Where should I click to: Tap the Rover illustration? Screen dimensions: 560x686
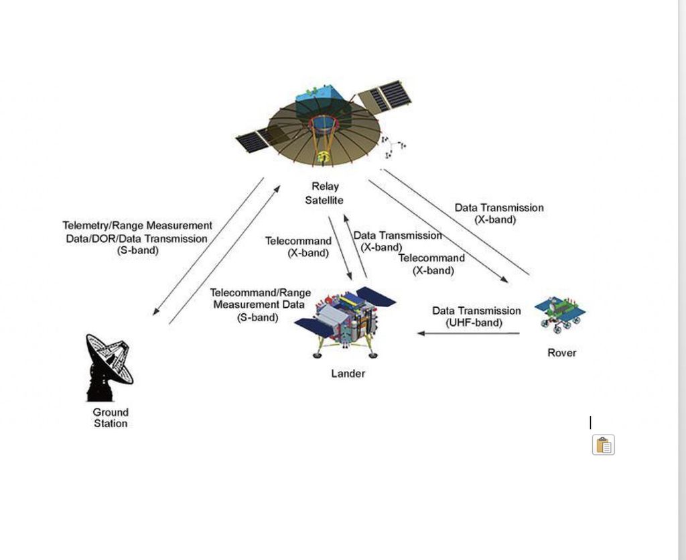(x=560, y=314)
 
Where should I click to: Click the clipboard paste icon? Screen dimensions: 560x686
(x=603, y=445)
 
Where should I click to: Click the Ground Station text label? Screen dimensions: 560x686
(x=111, y=418)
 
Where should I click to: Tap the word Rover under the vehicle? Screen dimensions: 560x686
(x=561, y=353)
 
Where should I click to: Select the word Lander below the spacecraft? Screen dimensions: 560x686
(x=348, y=374)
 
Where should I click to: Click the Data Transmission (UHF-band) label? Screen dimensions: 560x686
(x=476, y=317)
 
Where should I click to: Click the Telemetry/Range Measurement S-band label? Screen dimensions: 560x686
(x=137, y=238)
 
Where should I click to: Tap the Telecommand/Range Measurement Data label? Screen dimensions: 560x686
(x=260, y=304)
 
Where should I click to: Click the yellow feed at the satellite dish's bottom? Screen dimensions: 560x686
(x=324, y=157)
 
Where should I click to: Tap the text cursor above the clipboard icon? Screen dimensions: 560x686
(x=590, y=423)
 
